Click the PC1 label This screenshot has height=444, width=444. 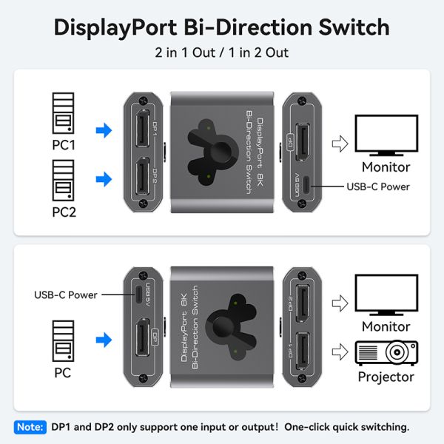[64, 145]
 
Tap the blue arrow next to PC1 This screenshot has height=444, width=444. [104, 131]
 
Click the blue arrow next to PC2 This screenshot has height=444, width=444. [104, 178]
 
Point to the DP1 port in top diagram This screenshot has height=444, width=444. [141, 129]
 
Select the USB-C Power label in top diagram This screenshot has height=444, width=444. [378, 186]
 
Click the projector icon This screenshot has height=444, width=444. [386, 352]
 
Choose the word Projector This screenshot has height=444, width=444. [386, 377]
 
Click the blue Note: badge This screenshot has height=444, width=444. [29, 427]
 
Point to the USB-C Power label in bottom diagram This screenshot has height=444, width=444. [66, 295]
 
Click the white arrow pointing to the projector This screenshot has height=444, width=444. [340, 352]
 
